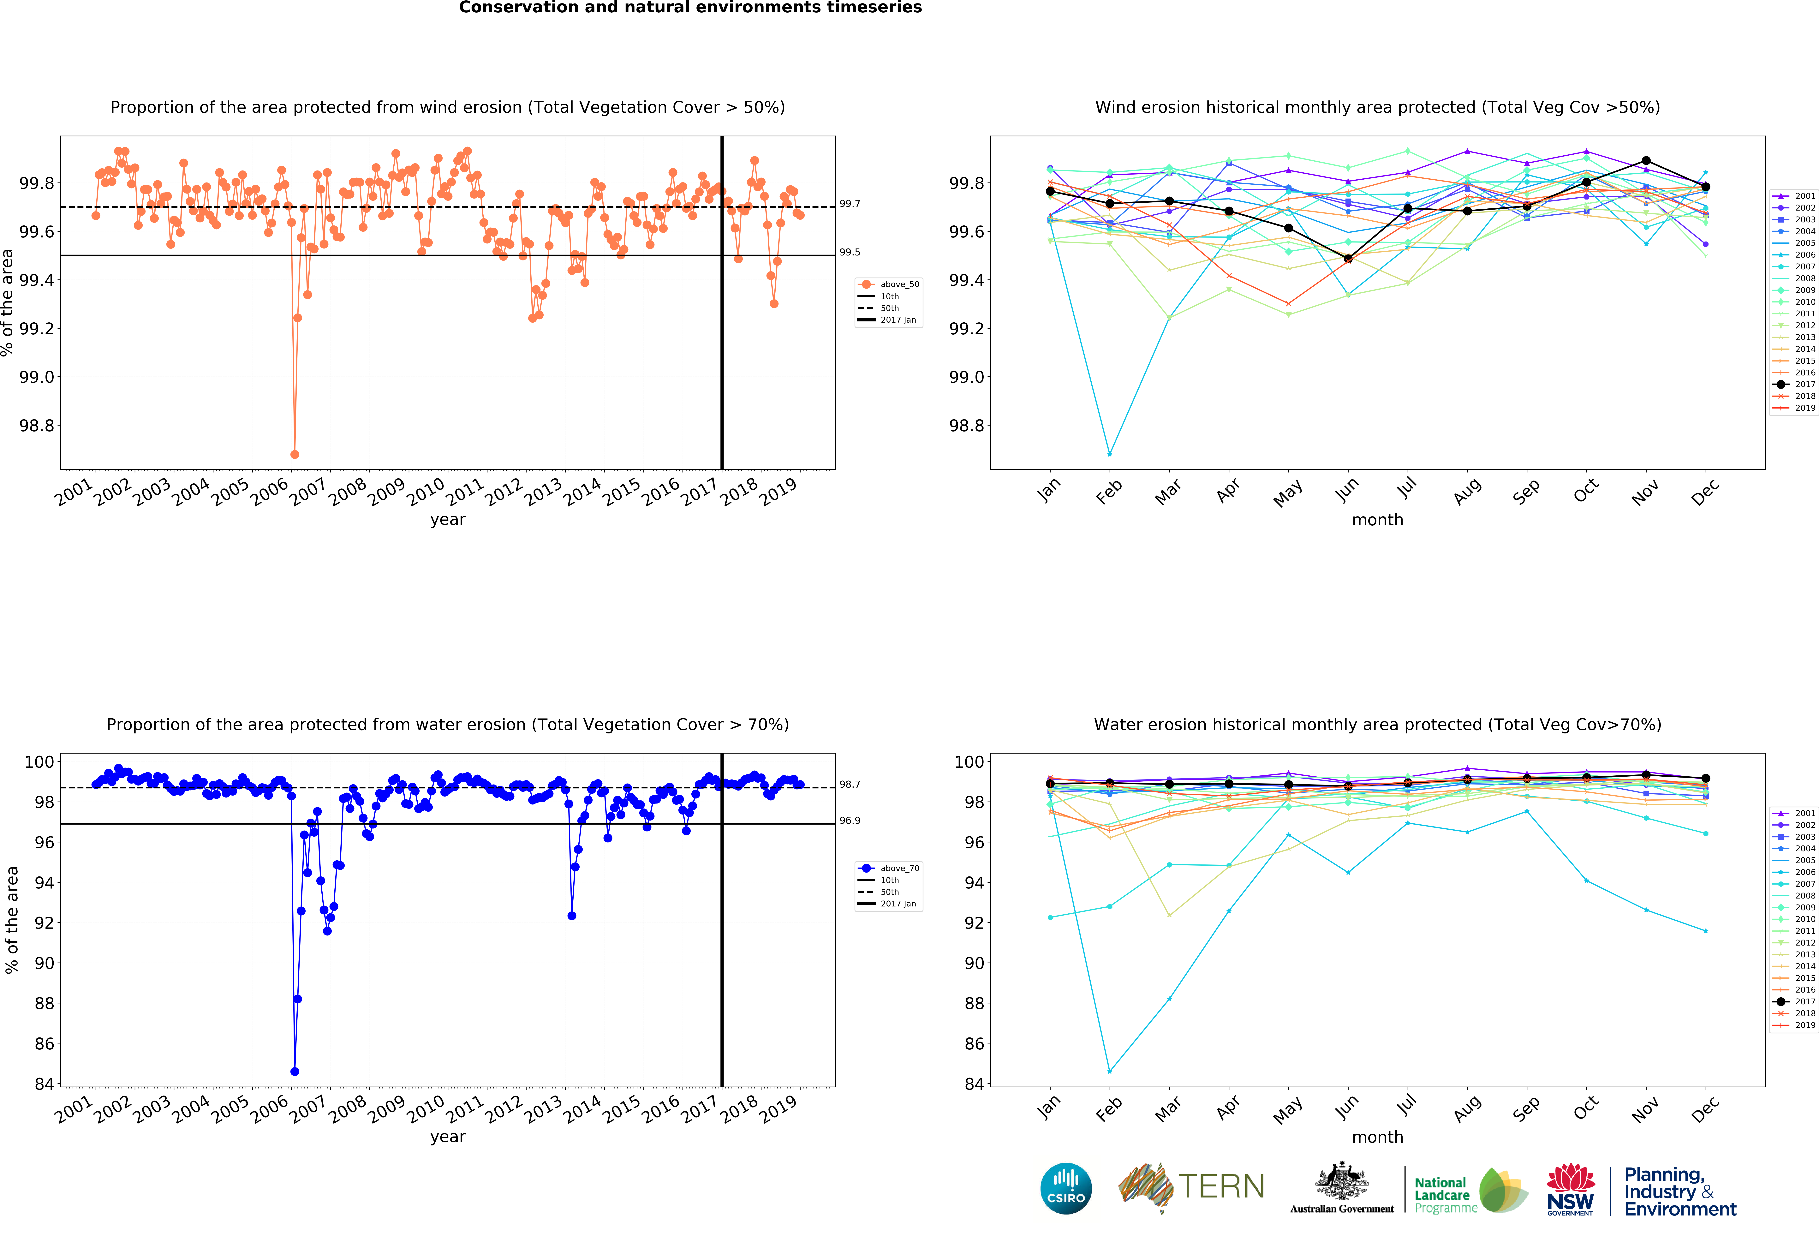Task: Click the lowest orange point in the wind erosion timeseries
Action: click(x=294, y=454)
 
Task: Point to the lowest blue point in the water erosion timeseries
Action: click(x=294, y=1071)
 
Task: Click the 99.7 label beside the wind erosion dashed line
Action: click(x=849, y=204)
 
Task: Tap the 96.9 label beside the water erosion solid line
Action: click(x=849, y=820)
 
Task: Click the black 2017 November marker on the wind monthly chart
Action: click(x=1646, y=160)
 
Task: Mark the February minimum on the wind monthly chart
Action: click(x=1109, y=454)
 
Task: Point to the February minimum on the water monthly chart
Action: click(x=1109, y=1071)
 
